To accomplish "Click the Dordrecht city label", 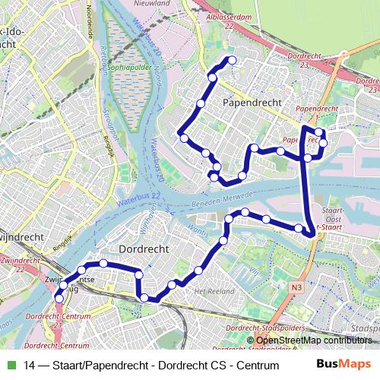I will pyautogui.click(x=148, y=249).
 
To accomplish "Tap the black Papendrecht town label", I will pyautogui.click(x=252, y=101).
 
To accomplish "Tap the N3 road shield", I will pyautogui.click(x=296, y=287).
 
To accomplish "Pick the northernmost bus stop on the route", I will pyautogui.click(x=232, y=60).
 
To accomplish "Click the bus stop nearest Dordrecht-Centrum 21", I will pyautogui.click(x=59, y=299).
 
